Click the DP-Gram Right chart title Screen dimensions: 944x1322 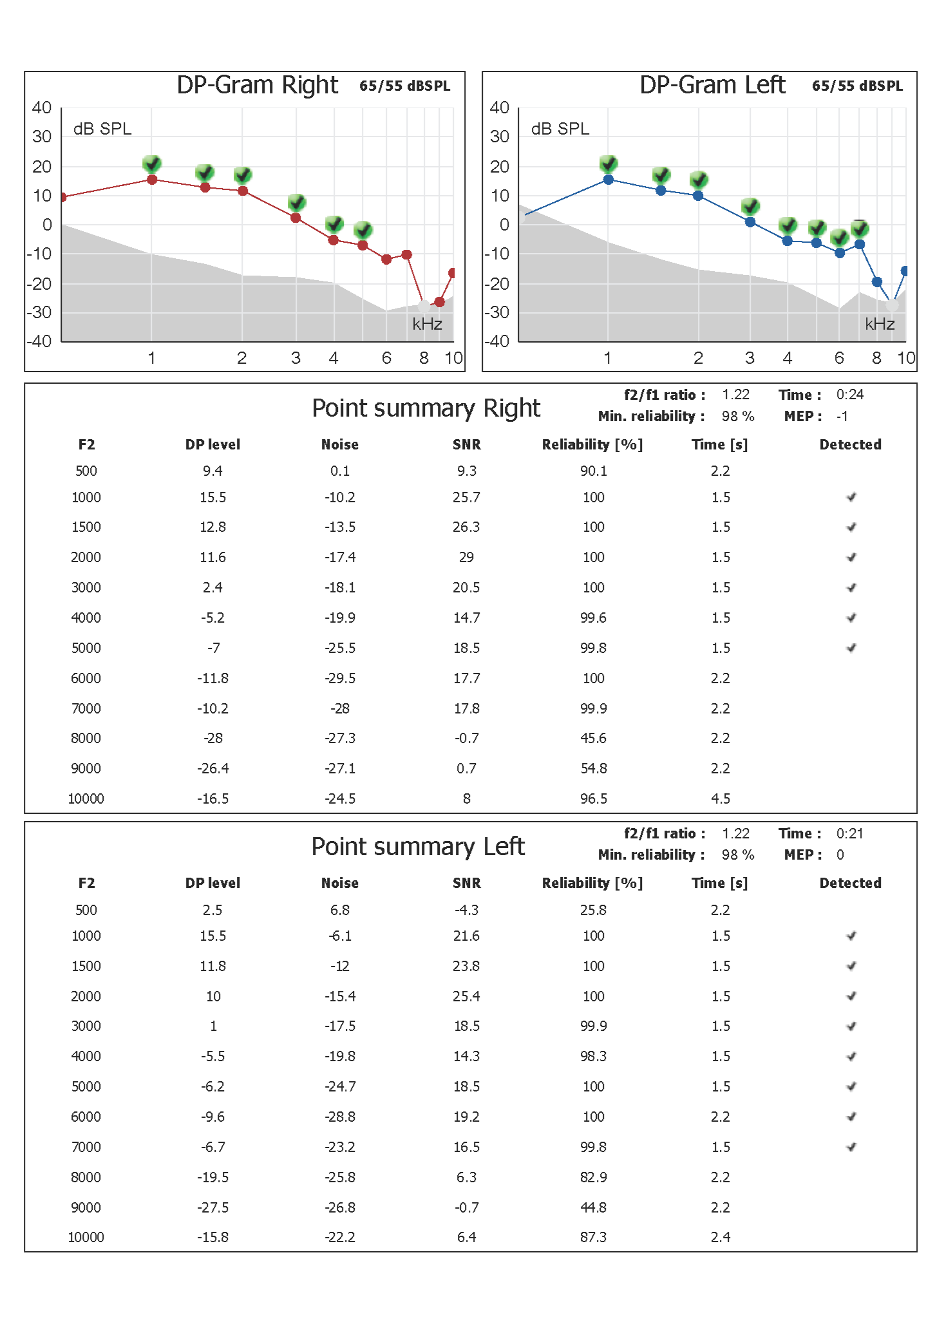click(257, 85)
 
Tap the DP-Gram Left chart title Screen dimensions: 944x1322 click(712, 85)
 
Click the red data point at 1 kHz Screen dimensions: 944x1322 click(152, 180)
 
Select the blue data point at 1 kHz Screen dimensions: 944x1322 click(608, 180)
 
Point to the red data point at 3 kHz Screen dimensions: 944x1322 click(296, 218)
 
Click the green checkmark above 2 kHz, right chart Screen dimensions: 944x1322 click(243, 175)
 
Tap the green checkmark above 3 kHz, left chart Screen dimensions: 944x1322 click(750, 207)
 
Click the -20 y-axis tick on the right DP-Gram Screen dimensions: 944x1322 click(39, 283)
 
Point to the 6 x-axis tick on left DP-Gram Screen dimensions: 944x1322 click(839, 358)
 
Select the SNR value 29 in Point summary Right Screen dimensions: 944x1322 click(466, 557)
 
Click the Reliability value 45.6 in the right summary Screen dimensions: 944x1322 click(593, 738)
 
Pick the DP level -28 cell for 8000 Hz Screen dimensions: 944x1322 click(213, 738)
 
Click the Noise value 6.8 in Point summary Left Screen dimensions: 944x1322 click(340, 910)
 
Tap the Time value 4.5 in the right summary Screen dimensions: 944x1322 click(721, 798)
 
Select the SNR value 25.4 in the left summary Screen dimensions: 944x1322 click(466, 996)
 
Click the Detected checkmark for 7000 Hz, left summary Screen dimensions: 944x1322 click(851, 1146)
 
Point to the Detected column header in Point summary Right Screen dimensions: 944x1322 click(850, 444)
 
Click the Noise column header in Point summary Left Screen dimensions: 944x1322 click(340, 883)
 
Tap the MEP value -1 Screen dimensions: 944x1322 click(842, 416)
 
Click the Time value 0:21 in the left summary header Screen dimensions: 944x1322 click(850, 833)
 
